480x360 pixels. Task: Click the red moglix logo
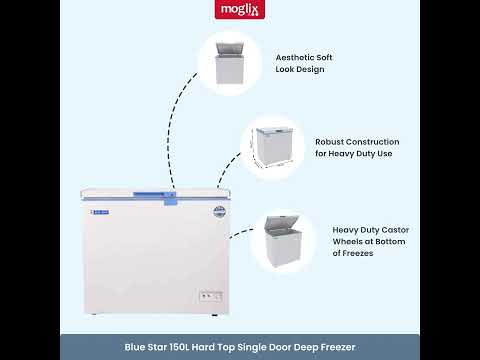click(240, 9)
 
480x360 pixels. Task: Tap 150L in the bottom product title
click(179, 347)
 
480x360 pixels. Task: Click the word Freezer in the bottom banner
click(338, 347)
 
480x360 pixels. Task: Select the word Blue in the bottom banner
click(134, 347)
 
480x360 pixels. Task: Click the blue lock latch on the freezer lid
click(170, 199)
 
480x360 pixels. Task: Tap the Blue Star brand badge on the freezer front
click(100, 212)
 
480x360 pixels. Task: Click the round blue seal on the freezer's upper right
click(219, 212)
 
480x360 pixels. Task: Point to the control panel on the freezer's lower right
click(211, 296)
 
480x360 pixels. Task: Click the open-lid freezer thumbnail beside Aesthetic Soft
click(230, 63)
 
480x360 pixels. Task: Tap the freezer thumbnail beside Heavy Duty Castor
click(282, 241)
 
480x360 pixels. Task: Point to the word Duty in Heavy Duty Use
click(366, 154)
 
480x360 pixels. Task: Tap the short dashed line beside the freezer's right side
click(241, 233)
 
